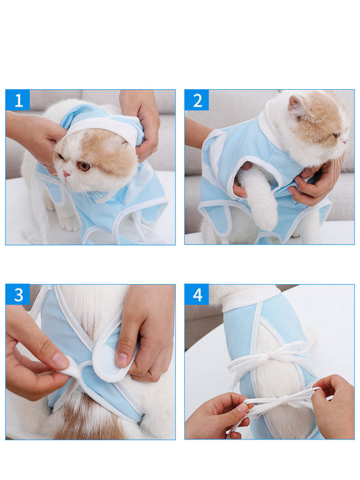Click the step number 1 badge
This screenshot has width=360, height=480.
click(x=18, y=101)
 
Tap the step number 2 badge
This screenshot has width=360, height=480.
click(x=197, y=101)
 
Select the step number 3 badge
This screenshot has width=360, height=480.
click(x=18, y=295)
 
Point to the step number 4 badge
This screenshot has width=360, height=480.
click(x=197, y=295)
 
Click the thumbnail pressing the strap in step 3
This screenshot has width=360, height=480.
click(x=121, y=359)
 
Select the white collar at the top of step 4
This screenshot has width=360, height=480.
click(x=250, y=298)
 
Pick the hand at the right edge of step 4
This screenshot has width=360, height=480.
click(x=334, y=405)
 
